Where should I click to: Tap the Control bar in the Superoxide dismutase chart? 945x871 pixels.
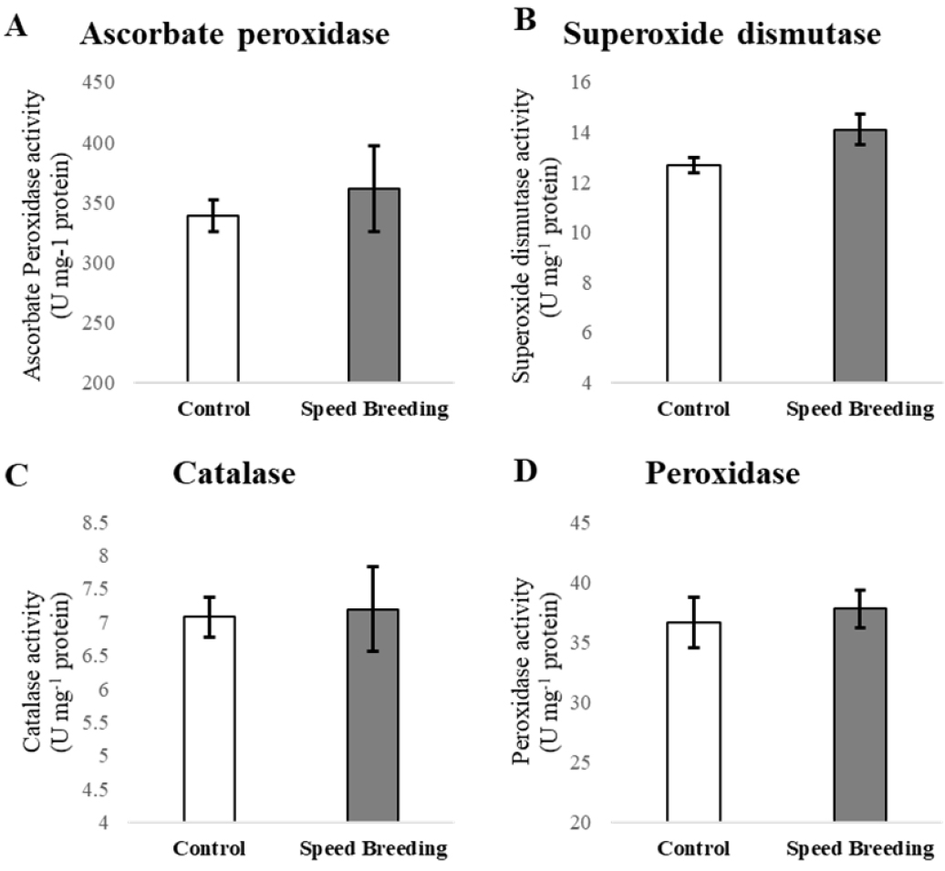click(x=693, y=274)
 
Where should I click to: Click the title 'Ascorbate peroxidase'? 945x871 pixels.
click(x=235, y=35)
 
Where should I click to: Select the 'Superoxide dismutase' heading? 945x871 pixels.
click(x=721, y=34)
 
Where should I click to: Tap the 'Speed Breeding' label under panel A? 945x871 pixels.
click(x=374, y=409)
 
